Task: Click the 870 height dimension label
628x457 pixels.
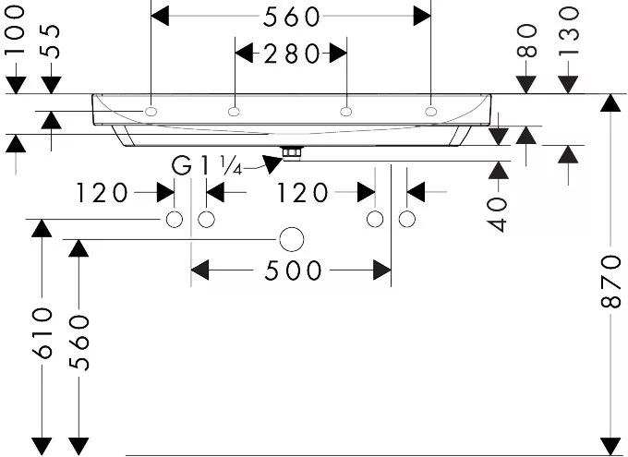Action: (x=611, y=282)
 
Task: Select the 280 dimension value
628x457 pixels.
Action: (x=292, y=54)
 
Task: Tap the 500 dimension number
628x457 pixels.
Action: (x=293, y=271)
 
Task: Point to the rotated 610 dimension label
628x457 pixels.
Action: (x=42, y=333)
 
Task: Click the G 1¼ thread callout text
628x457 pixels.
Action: (x=207, y=165)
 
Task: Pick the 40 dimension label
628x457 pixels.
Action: (x=498, y=214)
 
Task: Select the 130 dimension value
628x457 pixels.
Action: (x=569, y=31)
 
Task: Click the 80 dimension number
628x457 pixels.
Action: (x=526, y=41)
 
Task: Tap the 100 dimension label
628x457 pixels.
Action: (x=16, y=30)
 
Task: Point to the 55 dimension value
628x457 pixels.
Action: (x=51, y=42)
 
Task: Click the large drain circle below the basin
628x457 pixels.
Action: (x=292, y=239)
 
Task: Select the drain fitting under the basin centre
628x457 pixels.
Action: (x=293, y=153)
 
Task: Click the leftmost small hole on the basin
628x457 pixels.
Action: (x=151, y=112)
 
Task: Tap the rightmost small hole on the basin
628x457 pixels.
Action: (x=431, y=112)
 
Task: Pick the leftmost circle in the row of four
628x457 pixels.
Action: (x=175, y=220)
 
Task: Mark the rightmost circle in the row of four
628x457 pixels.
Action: (x=407, y=220)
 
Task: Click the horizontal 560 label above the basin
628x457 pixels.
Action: (x=292, y=18)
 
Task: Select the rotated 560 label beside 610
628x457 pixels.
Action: (x=78, y=343)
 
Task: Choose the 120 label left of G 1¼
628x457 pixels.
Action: (x=102, y=193)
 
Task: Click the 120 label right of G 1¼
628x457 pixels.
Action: (x=302, y=193)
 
